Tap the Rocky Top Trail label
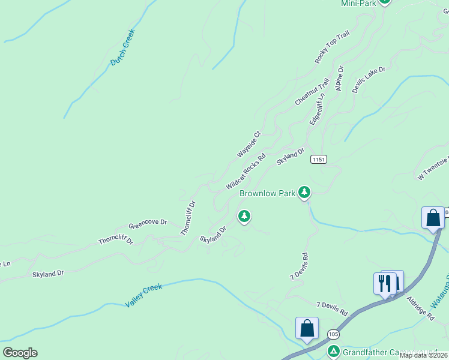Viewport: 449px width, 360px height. [x=332, y=48]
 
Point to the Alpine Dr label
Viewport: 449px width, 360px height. [x=339, y=79]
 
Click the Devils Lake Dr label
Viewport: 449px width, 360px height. [x=369, y=80]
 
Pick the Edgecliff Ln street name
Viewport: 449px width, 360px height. [x=317, y=109]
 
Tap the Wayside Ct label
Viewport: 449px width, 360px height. [x=249, y=145]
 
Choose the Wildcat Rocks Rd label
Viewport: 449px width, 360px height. [x=246, y=174]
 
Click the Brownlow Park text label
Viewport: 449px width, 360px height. [x=267, y=193]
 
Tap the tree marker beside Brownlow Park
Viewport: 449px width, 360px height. [x=305, y=192]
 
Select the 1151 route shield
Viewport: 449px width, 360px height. [x=319, y=159]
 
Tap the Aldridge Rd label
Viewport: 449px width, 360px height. [x=420, y=308]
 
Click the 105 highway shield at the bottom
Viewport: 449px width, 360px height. [x=333, y=334]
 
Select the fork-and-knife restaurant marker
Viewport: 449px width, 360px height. [x=385, y=283]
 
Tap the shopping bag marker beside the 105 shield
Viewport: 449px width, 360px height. [x=307, y=329]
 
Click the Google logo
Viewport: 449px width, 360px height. [x=20, y=353]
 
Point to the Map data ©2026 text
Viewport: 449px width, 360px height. [x=424, y=355]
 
